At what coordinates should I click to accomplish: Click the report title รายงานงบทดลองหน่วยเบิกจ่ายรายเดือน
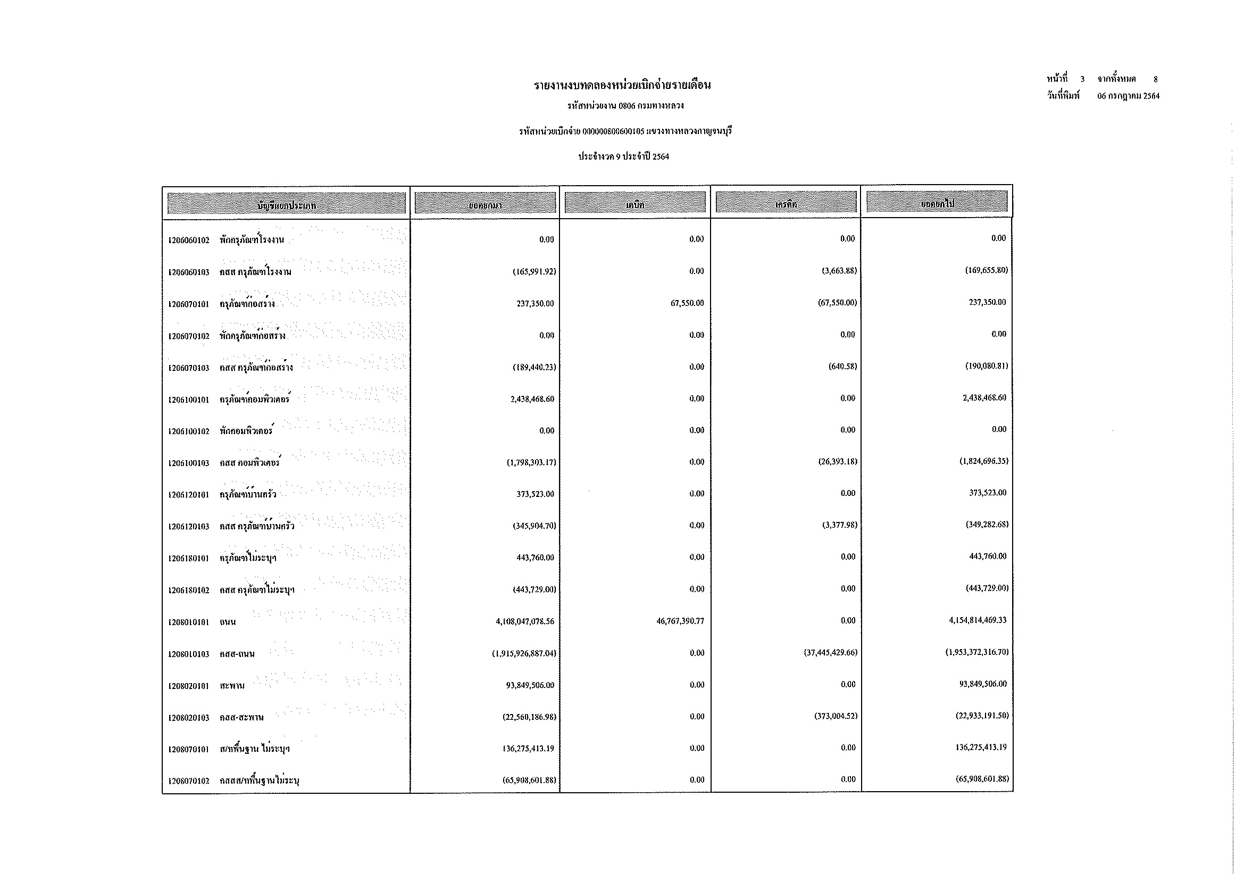622,85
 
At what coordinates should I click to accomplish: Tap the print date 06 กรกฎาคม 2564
1128,96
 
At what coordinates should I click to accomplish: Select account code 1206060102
189,240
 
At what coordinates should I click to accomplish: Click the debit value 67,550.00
687,303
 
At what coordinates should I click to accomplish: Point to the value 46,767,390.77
680,621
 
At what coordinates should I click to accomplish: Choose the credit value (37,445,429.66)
830,653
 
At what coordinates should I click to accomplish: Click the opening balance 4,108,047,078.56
524,622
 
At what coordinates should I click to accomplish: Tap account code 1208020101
189,686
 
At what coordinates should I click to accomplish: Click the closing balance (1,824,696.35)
983,462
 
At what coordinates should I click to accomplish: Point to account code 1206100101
189,401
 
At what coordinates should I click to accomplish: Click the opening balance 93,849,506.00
530,685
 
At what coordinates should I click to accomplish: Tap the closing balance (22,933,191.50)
982,716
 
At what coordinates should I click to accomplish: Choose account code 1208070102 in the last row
189,782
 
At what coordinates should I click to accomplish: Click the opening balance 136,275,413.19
528,749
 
